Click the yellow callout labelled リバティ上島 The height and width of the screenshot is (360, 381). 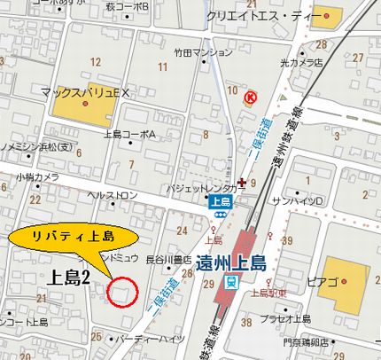tap(74, 237)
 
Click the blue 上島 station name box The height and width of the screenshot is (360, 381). tap(222, 201)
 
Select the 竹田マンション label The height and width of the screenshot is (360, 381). tap(203, 53)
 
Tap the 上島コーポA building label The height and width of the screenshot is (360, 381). tap(129, 134)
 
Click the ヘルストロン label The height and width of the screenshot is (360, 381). tap(113, 194)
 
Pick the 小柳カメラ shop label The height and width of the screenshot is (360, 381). tap(37, 177)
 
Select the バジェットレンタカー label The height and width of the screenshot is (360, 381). tap(206, 189)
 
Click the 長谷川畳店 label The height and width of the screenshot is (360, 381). tap(168, 259)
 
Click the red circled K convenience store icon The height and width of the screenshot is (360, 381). tap(250, 96)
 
